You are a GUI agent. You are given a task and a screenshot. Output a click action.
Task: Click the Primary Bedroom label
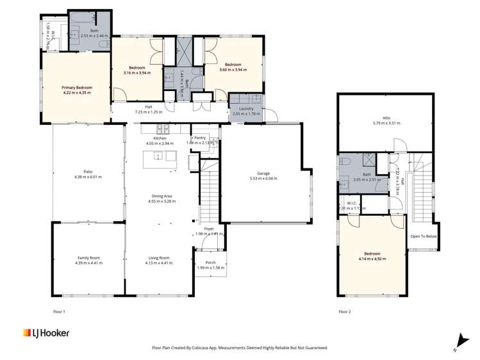point(77,88)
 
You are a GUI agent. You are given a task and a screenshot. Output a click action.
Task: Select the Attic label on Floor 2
point(386,118)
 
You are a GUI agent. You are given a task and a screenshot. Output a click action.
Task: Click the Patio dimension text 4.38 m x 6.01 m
point(88,176)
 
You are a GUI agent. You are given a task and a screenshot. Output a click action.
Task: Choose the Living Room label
point(159,258)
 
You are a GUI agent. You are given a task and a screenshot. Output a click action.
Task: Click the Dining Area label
point(160,196)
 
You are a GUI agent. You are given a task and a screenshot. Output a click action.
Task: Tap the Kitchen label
point(160,138)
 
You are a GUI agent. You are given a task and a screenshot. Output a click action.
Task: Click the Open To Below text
point(423,235)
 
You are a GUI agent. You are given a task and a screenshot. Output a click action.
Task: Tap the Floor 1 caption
point(58,311)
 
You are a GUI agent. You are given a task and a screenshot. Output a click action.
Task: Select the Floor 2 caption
point(345,311)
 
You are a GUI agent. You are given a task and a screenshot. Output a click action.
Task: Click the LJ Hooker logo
point(46,333)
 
